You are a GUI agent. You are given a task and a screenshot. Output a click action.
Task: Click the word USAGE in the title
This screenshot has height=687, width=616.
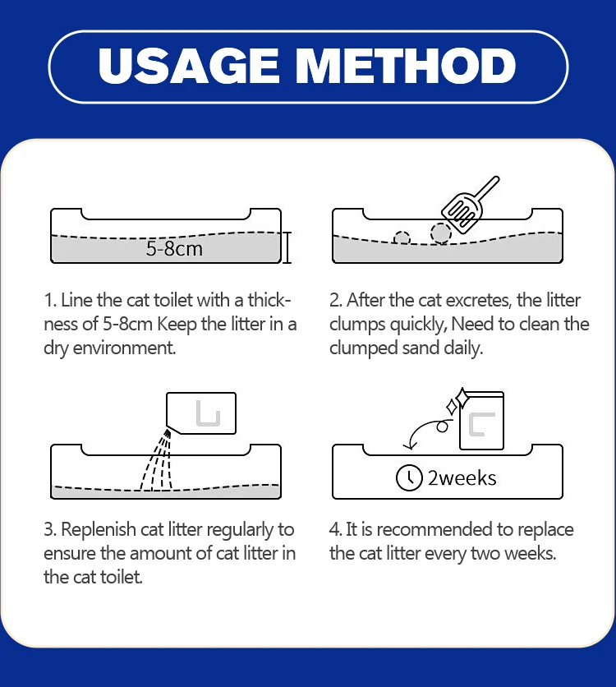[x=188, y=66]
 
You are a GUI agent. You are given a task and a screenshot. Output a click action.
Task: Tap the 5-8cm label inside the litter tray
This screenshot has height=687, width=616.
[x=174, y=248]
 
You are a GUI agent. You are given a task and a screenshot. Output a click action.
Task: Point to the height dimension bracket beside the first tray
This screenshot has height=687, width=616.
[x=287, y=247]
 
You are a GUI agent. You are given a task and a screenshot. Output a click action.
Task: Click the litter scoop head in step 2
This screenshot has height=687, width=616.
[x=462, y=212]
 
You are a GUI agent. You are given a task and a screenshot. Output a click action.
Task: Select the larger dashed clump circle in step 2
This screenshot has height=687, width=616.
[x=441, y=233]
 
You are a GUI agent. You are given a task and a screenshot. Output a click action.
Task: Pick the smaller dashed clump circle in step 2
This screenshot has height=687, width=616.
[x=402, y=238]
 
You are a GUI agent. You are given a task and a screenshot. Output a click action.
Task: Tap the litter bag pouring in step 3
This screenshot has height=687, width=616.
[x=201, y=413]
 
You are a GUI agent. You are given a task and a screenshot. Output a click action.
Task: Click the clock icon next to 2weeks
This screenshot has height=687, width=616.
[x=409, y=477]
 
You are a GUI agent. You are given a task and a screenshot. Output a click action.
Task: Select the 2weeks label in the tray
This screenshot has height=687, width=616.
[x=462, y=478]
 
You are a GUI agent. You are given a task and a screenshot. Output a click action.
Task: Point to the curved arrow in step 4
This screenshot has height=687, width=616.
[x=422, y=431]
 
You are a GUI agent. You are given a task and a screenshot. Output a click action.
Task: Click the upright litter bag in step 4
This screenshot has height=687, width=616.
[x=481, y=421]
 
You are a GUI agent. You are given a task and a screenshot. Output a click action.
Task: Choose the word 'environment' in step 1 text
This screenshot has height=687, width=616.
[x=124, y=348]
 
